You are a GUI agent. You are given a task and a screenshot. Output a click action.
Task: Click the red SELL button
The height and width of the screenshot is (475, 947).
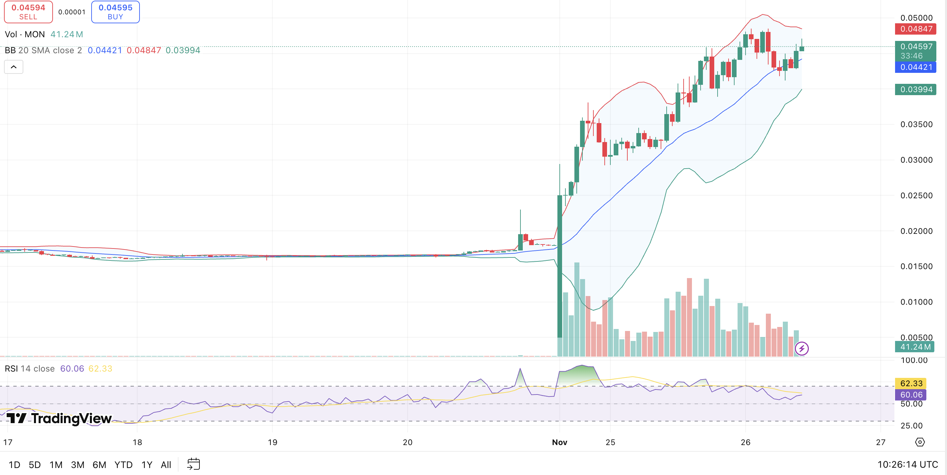click(x=28, y=12)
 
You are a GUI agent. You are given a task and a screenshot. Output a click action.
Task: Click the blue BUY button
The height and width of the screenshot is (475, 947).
click(x=116, y=12)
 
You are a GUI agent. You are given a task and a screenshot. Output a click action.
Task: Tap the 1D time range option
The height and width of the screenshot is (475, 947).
click(x=14, y=465)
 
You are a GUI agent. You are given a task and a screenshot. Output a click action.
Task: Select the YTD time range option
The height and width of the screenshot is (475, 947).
click(x=123, y=465)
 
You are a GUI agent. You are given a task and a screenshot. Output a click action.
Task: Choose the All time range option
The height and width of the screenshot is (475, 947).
click(x=166, y=465)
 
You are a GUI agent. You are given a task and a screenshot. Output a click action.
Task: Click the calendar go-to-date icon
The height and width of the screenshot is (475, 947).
click(x=193, y=464)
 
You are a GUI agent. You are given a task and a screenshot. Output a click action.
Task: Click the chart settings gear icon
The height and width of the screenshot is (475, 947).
click(x=920, y=442)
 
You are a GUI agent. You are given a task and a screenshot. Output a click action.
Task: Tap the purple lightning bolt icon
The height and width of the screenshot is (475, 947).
click(x=802, y=348)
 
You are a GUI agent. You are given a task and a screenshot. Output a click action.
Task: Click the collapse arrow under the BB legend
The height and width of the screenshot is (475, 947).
click(x=14, y=67)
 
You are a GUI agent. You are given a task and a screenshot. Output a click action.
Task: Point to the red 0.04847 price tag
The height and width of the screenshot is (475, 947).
click(x=916, y=29)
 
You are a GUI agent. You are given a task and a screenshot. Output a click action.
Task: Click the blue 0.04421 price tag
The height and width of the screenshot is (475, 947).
click(x=916, y=67)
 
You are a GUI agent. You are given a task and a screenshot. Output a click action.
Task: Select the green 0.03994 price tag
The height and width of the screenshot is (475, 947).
click(x=916, y=89)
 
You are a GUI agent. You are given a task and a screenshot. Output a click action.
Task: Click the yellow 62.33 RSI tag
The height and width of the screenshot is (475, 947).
click(x=911, y=384)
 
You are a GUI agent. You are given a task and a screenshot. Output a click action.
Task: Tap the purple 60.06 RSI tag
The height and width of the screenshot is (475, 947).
click(x=911, y=395)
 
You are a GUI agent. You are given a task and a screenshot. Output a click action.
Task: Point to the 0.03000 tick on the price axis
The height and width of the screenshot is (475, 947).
click(x=916, y=160)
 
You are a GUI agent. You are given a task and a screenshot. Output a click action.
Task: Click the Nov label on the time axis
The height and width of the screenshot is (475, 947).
click(x=559, y=442)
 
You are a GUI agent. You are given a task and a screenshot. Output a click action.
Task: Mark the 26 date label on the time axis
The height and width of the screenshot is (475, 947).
click(x=746, y=442)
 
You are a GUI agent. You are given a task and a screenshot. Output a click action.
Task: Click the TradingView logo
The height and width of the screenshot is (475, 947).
click(x=59, y=418)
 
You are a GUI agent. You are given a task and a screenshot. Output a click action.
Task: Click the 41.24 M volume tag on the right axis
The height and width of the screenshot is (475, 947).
click(x=915, y=347)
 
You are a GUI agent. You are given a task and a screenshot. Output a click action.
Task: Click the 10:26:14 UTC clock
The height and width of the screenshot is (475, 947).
click(x=907, y=465)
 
